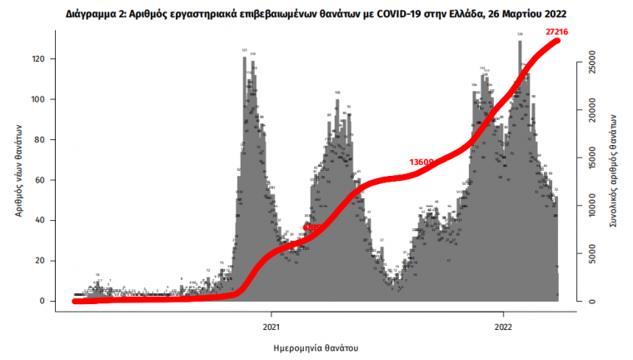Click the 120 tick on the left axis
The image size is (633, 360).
coord(38,59)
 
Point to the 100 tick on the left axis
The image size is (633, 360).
coord(38,99)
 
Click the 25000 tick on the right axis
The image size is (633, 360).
coord(590,60)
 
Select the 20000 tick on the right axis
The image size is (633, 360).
coord(590,108)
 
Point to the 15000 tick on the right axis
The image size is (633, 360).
coord(590,156)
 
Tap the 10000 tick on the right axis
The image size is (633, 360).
coord(590,204)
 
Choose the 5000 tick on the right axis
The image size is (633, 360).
coord(590,254)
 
